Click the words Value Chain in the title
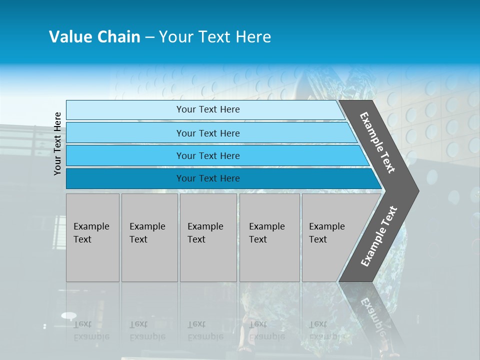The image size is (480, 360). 94,37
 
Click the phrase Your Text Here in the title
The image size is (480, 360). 215,37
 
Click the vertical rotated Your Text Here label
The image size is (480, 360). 57,144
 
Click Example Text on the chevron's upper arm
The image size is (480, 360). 377,142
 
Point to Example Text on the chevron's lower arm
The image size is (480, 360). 379,236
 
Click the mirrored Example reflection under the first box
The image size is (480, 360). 91,336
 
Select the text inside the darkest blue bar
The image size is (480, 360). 208,178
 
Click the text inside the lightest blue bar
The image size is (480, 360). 208,109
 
